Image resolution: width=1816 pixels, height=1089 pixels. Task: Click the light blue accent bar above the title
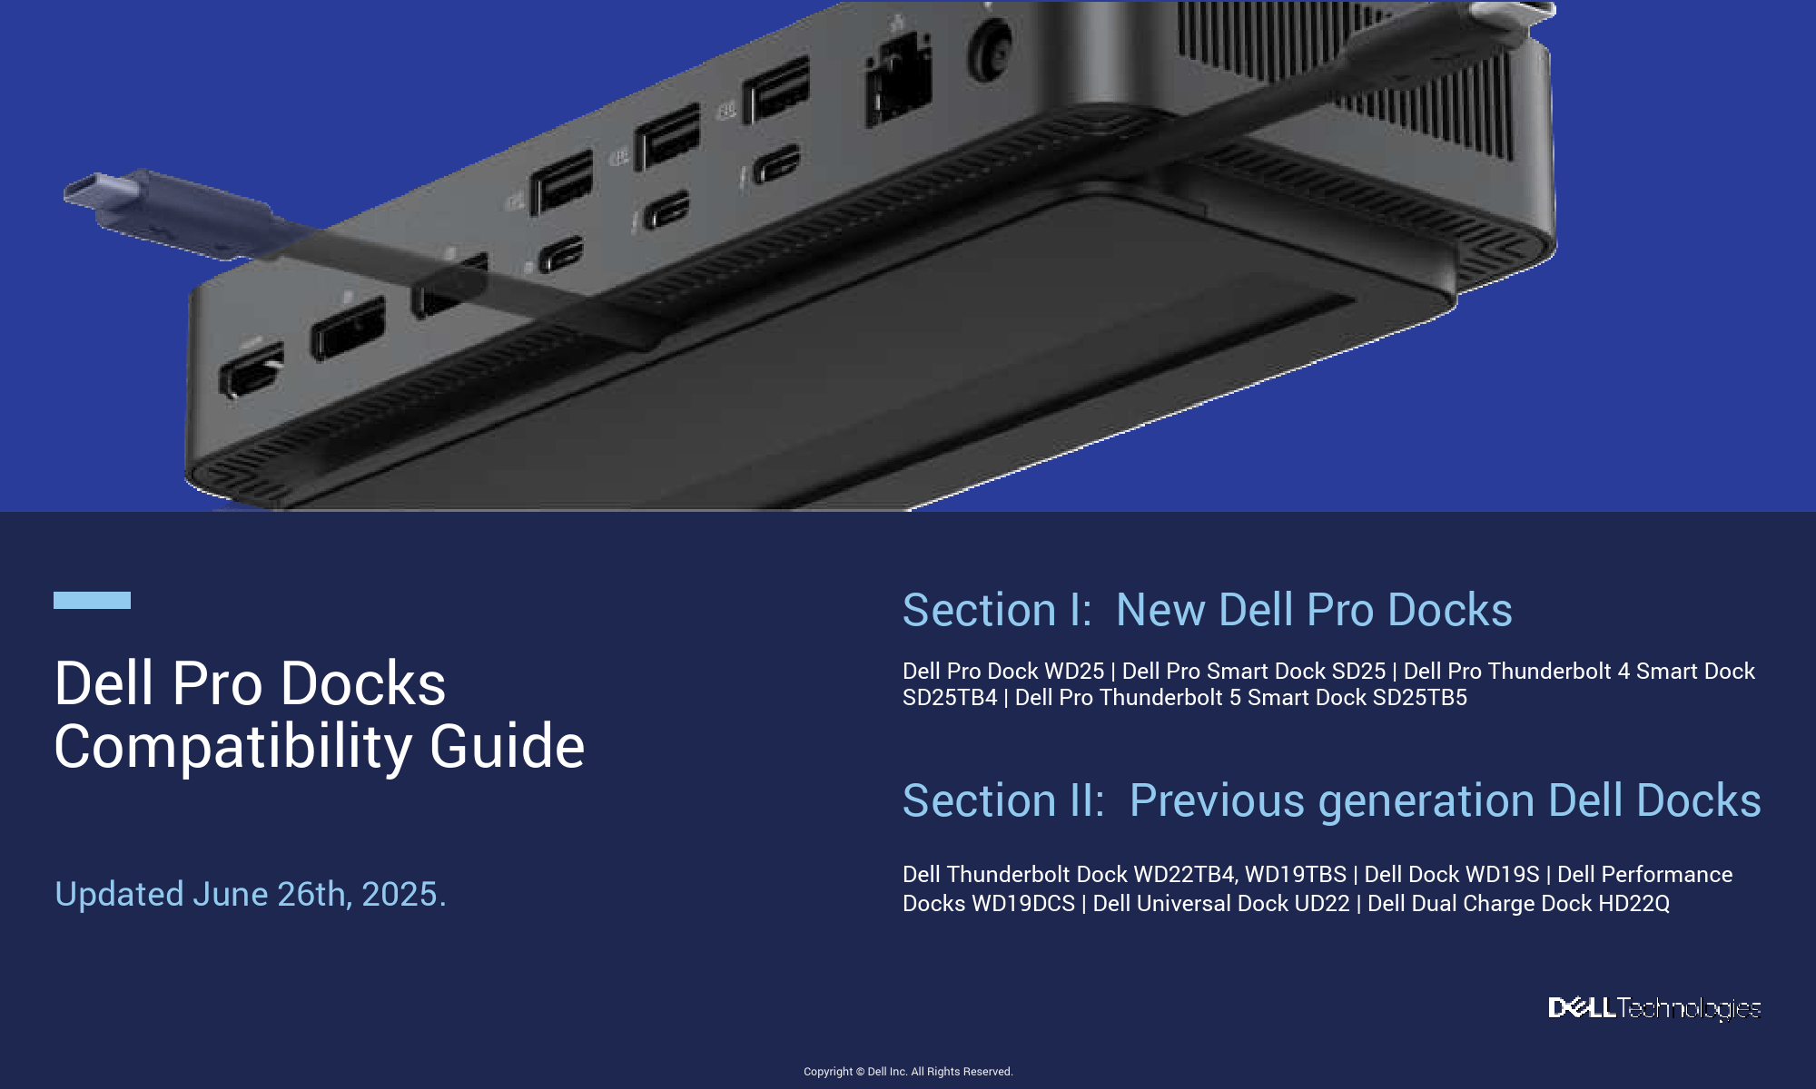coord(92,600)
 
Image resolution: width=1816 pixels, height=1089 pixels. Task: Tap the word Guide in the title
coord(507,746)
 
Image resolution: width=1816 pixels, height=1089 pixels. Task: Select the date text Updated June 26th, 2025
coord(251,894)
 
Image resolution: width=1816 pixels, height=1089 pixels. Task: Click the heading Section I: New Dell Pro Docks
coord(1208,610)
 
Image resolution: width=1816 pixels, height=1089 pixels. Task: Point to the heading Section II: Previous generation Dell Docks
coord(1332,800)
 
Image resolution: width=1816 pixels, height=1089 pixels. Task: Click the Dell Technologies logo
coord(1654,1008)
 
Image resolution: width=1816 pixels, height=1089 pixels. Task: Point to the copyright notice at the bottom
coord(908,1072)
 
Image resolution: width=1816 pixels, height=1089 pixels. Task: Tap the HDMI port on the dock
coord(252,369)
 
